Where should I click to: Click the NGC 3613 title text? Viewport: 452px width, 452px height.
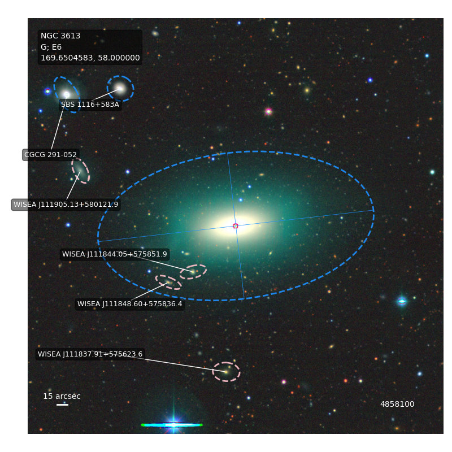[x=60, y=36]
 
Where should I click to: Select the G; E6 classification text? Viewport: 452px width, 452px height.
[x=51, y=47]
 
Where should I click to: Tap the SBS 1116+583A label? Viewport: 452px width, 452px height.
[x=90, y=105]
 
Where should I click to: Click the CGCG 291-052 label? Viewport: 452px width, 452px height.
[x=50, y=155]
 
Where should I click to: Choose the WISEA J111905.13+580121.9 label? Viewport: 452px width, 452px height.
[x=66, y=205]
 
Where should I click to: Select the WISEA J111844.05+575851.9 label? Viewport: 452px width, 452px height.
[x=115, y=254]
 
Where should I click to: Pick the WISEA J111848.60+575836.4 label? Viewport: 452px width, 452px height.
[x=130, y=304]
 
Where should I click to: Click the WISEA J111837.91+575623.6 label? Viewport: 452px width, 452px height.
[x=90, y=354]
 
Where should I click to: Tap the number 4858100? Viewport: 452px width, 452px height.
[x=397, y=404]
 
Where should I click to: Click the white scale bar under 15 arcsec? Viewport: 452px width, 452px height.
[x=62, y=405]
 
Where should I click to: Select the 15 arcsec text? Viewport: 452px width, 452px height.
[x=62, y=397]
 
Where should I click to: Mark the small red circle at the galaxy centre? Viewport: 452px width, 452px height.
[x=236, y=226]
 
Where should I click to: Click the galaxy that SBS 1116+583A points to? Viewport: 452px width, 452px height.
[x=120, y=88]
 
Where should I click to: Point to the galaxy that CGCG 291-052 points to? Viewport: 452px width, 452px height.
[x=67, y=94]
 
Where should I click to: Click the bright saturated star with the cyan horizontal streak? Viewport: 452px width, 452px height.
[x=173, y=425]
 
